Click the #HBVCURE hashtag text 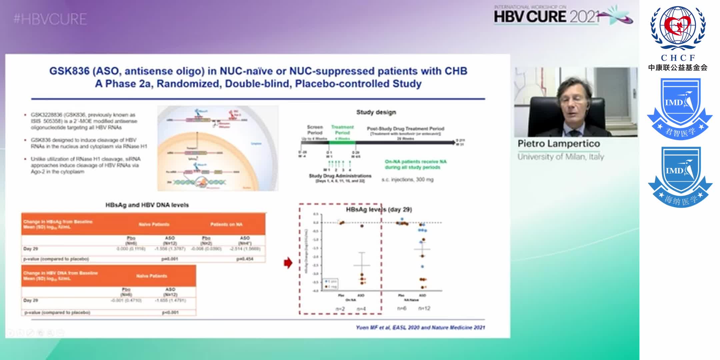point(50,19)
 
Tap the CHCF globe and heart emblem point(678,28)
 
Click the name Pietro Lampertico point(559,144)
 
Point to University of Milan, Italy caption point(561,157)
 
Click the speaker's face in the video point(573,103)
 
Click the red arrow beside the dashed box point(288,263)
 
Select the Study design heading point(376,112)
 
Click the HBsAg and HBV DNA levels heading point(147,205)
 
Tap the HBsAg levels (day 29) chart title point(379,210)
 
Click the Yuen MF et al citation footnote point(420,328)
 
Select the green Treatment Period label point(342,130)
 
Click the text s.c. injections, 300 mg point(407,180)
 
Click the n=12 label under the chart point(424,308)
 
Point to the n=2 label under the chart point(340,309)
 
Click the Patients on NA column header point(226,224)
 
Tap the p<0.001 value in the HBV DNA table point(170,313)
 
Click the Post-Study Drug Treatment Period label point(405,129)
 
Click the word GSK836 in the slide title point(69,71)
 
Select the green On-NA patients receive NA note point(415,164)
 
